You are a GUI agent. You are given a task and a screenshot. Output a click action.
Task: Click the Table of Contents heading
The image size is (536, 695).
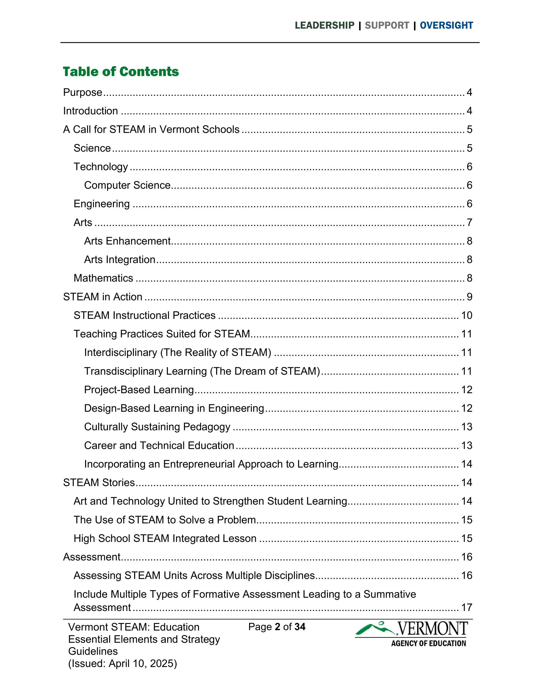(x=121, y=72)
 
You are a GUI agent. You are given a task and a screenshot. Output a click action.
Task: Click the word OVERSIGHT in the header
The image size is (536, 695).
(x=447, y=26)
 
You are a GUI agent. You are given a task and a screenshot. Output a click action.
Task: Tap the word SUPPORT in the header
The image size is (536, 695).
(x=387, y=26)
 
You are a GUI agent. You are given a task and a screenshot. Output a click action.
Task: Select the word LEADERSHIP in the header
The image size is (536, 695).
(x=324, y=26)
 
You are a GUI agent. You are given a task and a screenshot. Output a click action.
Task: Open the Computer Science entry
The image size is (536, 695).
(x=127, y=185)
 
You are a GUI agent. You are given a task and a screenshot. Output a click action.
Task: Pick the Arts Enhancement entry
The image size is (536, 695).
(x=127, y=241)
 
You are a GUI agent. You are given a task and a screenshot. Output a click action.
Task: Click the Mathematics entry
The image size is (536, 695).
(x=103, y=278)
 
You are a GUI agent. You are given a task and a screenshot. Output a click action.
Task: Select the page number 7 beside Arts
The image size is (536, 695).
(x=469, y=222)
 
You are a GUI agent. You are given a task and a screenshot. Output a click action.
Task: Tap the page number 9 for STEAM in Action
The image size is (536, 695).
(x=469, y=297)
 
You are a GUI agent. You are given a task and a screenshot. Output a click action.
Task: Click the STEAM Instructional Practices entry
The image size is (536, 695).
(x=145, y=315)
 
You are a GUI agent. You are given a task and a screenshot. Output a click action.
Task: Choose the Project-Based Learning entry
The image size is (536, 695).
(x=139, y=390)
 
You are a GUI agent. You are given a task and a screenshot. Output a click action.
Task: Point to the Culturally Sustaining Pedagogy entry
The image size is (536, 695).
(x=157, y=427)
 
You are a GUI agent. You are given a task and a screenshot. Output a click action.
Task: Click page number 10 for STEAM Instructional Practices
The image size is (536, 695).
(x=467, y=315)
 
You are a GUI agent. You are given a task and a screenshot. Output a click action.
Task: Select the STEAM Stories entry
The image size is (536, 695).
(x=99, y=483)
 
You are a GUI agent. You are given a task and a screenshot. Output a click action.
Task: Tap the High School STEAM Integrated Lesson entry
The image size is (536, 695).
(x=165, y=538)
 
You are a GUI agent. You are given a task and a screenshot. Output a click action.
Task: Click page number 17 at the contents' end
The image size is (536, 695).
(x=467, y=607)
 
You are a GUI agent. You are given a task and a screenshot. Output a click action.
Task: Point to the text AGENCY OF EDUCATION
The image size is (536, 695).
(x=428, y=644)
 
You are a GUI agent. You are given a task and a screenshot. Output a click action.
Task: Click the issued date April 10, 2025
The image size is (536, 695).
(x=143, y=664)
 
